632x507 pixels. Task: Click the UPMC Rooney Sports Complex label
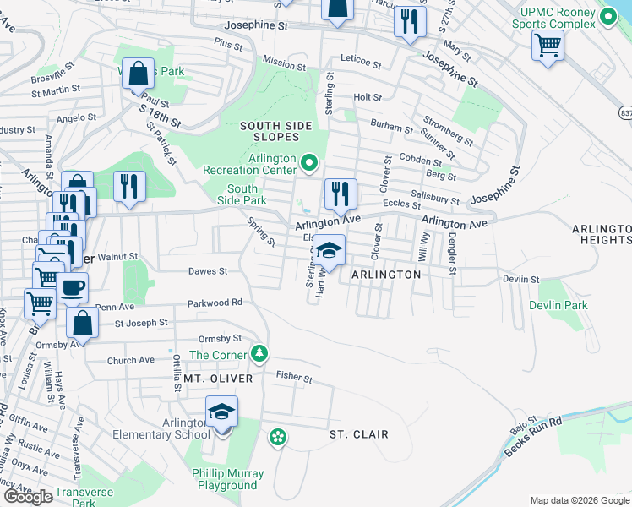pos(553,18)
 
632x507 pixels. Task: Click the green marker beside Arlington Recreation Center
pos(309,162)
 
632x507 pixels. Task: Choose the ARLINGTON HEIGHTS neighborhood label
pos(602,234)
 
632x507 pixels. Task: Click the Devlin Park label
pos(558,305)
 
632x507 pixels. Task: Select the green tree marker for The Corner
pos(262,352)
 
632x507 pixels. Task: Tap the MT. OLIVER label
pos(218,379)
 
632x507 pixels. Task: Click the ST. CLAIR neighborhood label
pos(358,434)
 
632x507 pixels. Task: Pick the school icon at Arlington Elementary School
pos(221,413)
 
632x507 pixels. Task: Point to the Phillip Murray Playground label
pos(228,479)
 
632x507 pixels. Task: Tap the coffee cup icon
pos(73,288)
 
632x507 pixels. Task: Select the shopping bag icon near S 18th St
pos(137,74)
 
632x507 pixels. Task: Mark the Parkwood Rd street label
pos(215,302)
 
